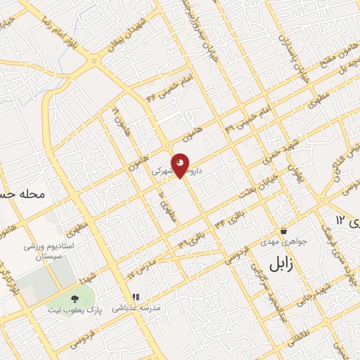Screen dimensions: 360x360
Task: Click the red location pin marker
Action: click(x=181, y=165)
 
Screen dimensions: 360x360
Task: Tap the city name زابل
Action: click(x=285, y=263)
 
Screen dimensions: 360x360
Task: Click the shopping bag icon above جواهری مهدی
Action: click(x=283, y=231)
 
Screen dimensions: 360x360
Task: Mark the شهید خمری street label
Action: click(x=273, y=148)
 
